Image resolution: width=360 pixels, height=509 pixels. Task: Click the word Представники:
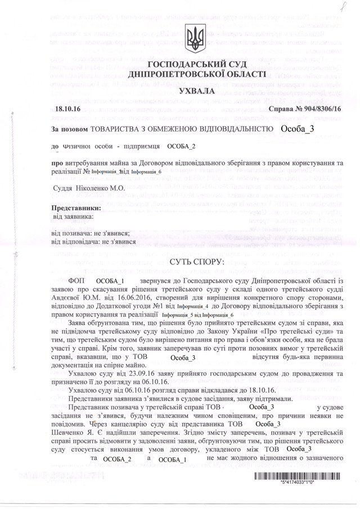pyautogui.click(x=77, y=208)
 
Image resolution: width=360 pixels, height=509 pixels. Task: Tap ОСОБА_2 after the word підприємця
pyautogui.click(x=182, y=146)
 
